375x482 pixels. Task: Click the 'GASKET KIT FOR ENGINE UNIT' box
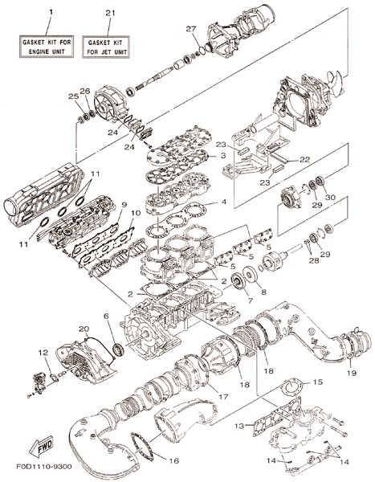47,47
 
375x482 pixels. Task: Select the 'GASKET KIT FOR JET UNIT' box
105,47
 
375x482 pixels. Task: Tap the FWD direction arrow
41,446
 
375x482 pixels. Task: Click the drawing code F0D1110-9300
44,467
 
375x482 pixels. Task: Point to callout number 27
190,29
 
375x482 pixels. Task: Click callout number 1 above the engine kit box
51,12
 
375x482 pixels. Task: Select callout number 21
110,13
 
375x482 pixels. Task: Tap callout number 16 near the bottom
173,461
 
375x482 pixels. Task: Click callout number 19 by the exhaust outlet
352,373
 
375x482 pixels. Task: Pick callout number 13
239,426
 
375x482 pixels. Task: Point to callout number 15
318,382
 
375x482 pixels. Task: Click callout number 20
84,329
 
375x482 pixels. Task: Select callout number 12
43,353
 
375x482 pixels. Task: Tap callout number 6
106,317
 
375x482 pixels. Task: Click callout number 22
304,159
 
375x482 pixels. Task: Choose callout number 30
330,198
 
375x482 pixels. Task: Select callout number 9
124,204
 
